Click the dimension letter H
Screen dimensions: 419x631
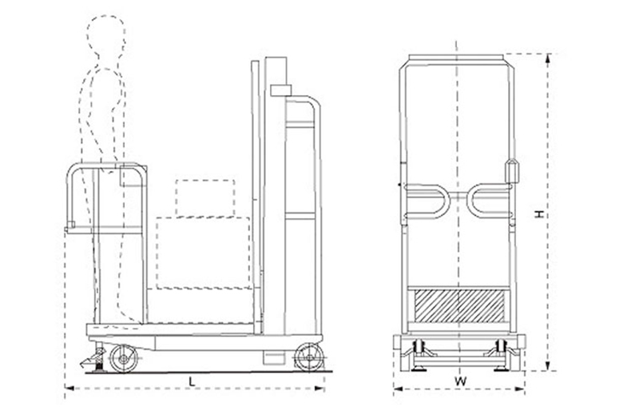(539, 214)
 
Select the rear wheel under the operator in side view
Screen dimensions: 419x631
(124, 357)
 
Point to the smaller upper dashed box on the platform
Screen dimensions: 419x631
(205, 197)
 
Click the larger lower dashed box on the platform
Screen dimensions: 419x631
(203, 252)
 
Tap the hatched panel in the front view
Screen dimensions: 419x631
(458, 305)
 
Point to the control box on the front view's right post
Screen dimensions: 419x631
(512, 172)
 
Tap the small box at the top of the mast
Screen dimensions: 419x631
(281, 90)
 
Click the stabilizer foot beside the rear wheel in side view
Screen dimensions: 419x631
(97, 359)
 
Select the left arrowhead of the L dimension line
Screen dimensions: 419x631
(67, 389)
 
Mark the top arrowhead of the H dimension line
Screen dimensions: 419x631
(549, 56)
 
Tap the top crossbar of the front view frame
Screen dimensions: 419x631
(458, 58)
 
